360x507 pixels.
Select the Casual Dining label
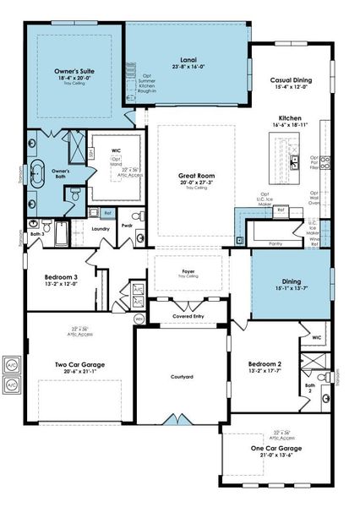291,79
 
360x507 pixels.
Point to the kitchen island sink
293,159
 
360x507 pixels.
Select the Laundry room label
100,227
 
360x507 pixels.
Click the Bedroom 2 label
265,363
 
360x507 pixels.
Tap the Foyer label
188,271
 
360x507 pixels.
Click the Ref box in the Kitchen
108,213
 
